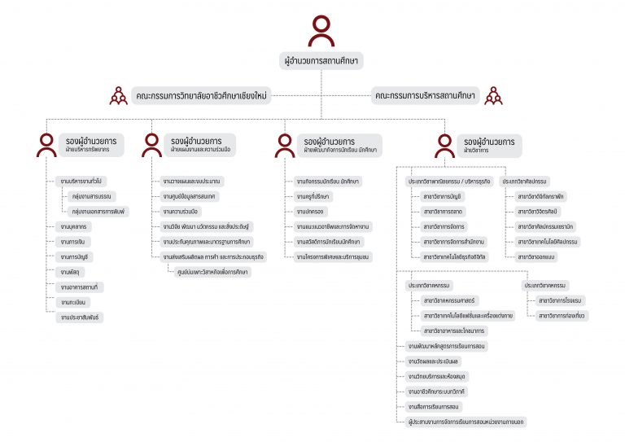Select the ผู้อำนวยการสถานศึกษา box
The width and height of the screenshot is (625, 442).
pos(321,61)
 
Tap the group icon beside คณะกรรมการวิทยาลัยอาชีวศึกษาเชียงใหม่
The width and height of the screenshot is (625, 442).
pos(119,96)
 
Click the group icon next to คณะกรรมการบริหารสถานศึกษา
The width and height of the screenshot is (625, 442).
pos(493,96)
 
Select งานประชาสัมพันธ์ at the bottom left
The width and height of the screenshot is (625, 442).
pos(81,317)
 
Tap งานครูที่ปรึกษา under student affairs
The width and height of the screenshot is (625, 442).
pos(317,196)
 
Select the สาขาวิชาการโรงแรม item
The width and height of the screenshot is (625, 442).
pos(561,300)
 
